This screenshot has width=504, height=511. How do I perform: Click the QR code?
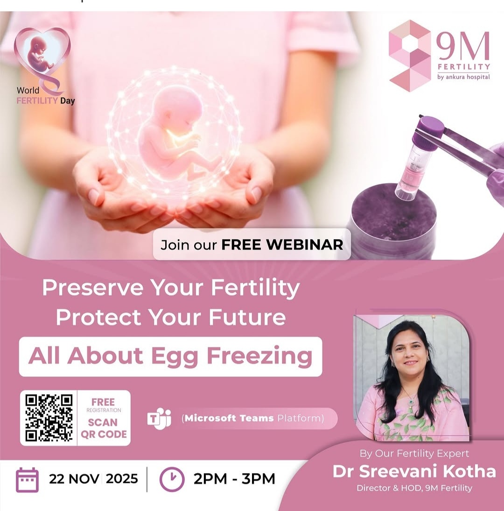(x=49, y=418)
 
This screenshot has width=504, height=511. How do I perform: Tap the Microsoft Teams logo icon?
(x=159, y=418)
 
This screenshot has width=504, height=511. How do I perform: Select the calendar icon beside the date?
(x=28, y=480)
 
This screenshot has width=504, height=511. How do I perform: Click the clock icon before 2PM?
(x=172, y=479)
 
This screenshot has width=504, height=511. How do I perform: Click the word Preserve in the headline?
(x=93, y=287)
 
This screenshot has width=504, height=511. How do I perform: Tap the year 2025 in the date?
(x=122, y=479)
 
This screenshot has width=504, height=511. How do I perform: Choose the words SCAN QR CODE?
(x=104, y=428)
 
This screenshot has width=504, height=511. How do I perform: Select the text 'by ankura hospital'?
(x=463, y=77)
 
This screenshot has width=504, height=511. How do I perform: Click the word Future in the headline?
(x=247, y=317)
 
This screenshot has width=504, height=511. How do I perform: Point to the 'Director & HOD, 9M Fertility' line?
(x=414, y=488)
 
